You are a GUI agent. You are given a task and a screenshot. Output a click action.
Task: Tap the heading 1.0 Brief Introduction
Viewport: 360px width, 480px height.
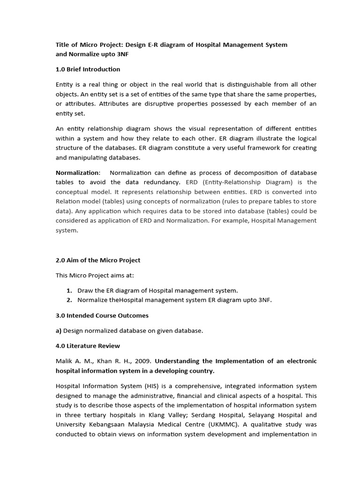point(88,69)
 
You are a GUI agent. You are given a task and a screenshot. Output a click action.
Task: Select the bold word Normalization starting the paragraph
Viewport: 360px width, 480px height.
point(77,172)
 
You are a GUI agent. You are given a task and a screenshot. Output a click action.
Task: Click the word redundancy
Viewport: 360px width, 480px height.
point(163,182)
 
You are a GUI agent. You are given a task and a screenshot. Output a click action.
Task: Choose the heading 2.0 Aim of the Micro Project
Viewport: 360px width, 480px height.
point(98,260)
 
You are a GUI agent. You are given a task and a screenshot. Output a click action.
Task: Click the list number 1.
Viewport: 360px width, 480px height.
point(69,291)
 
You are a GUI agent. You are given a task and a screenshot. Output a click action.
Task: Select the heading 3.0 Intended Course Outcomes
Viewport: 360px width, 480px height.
point(102,315)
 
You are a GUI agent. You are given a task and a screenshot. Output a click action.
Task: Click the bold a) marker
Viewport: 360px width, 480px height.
point(59,330)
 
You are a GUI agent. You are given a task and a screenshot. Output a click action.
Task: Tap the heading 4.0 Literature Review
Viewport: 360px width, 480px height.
point(88,346)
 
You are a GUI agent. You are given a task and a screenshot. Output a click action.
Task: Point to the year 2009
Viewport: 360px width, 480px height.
point(142,361)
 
